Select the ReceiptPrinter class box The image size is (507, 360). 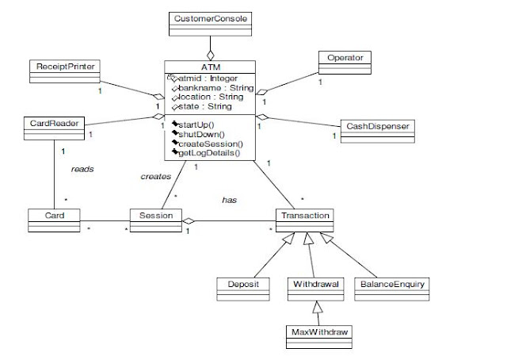pos(64,67)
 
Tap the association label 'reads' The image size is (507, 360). pos(82,169)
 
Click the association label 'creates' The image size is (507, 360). pos(155,176)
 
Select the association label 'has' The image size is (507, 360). pos(229,201)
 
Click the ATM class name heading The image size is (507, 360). pos(210,67)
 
